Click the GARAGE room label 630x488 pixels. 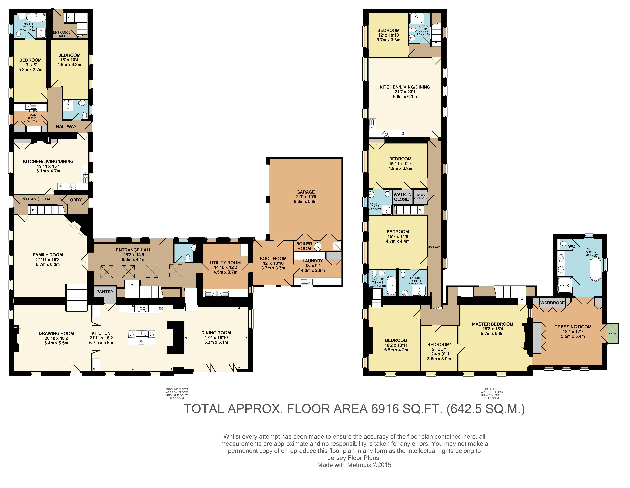tap(306, 192)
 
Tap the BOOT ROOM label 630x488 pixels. tap(273, 259)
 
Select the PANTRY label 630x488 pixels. tap(105, 292)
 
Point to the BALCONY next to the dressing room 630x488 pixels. tap(612, 333)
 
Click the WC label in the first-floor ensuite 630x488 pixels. tap(571, 246)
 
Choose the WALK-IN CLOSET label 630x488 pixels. tap(403, 197)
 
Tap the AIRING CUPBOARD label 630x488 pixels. tap(421, 197)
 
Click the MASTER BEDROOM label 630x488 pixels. tap(493, 324)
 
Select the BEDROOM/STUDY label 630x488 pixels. tap(439, 347)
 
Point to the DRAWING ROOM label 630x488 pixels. tap(56, 333)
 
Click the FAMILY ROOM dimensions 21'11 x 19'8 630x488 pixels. tap(48, 259)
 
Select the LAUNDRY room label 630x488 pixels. tap(313, 261)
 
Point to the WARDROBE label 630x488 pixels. tap(552, 303)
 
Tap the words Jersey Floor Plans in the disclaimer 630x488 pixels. tap(354, 458)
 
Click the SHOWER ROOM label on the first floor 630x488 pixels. tap(423, 28)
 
